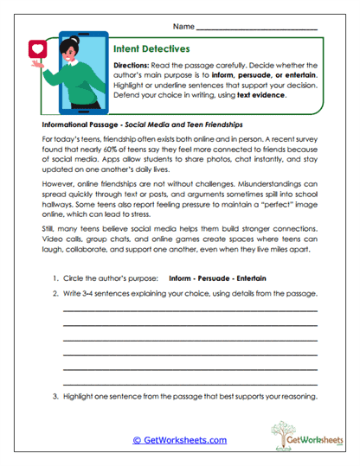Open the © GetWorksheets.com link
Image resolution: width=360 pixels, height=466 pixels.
(x=180, y=440)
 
